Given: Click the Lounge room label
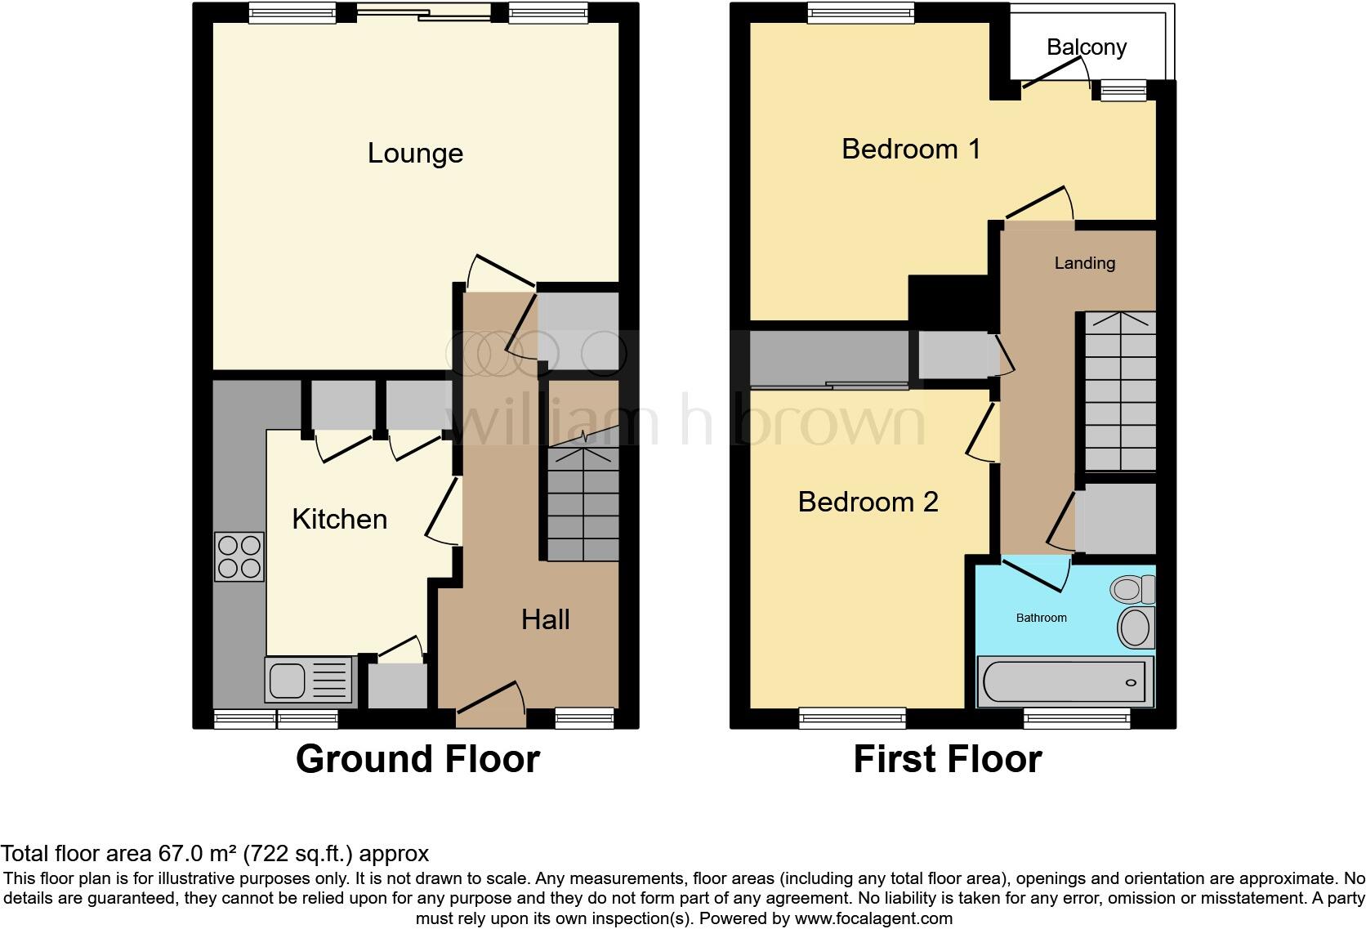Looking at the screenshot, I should tap(415, 154).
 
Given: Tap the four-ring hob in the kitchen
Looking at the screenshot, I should tap(239, 556).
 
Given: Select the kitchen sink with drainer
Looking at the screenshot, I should tap(310, 680).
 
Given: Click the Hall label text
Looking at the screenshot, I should tap(545, 619).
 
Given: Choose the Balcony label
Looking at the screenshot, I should tap(1087, 47).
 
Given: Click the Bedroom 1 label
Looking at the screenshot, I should tap(910, 149).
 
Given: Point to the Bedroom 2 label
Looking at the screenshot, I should tap(868, 502).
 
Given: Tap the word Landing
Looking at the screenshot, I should tap(1084, 263).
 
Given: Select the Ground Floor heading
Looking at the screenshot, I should tap(417, 759).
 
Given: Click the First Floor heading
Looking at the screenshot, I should tap(947, 759).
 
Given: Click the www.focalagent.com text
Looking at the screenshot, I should tap(873, 918).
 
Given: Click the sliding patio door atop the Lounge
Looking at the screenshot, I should tap(423, 11).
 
